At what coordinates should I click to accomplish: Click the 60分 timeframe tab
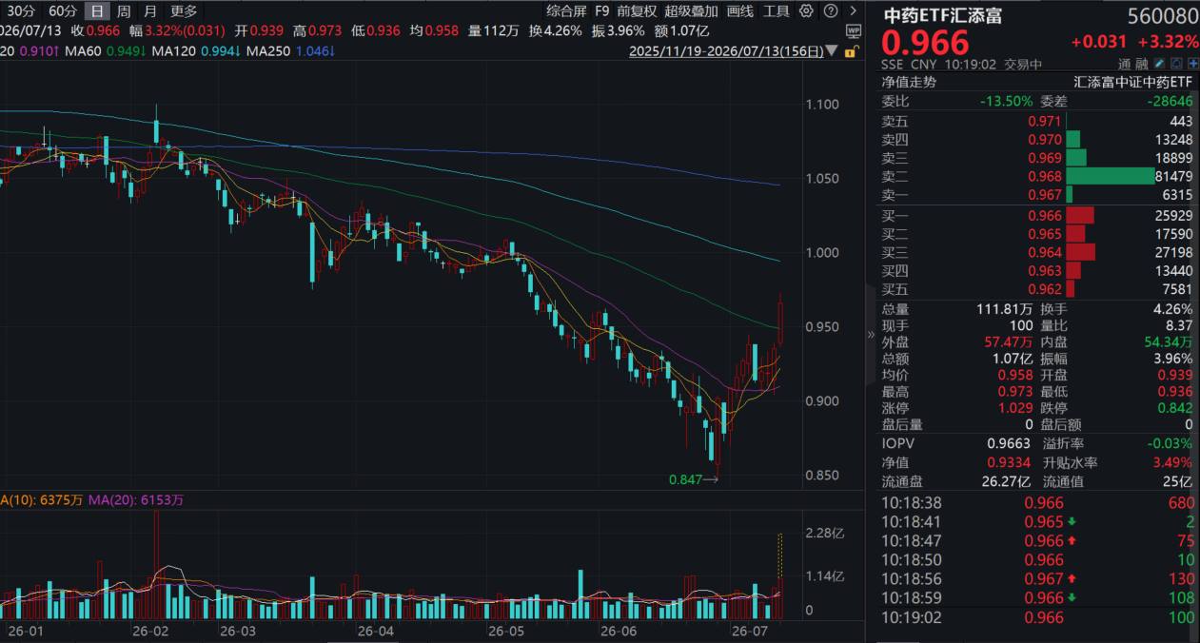coord(63,10)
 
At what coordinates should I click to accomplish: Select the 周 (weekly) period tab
coord(124,10)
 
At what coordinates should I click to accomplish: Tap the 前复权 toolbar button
coord(637,10)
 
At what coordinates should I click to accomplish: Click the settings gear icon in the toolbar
coord(806,10)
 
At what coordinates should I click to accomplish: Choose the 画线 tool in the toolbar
coord(739,10)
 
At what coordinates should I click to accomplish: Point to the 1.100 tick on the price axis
coord(822,105)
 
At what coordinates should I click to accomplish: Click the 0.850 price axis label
coord(822,475)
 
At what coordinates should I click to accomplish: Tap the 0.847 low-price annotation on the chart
coord(685,479)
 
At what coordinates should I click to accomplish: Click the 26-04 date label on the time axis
coord(375,632)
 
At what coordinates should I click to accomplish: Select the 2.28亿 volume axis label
coord(825,534)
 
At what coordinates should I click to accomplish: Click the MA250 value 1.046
coord(312,51)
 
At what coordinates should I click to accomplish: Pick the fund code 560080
coord(1163,16)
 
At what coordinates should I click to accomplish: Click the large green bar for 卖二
coord(1110,176)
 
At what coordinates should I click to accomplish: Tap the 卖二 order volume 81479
coord(1173,176)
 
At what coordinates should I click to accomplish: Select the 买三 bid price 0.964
coord(1045,252)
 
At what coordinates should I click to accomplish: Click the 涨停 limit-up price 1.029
coord(1015,408)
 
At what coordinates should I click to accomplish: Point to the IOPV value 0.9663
coord(1009,443)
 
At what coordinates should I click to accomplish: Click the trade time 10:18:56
coord(912,578)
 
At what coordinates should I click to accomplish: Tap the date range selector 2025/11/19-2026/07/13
coord(726,51)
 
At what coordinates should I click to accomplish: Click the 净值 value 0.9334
coord(1009,462)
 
